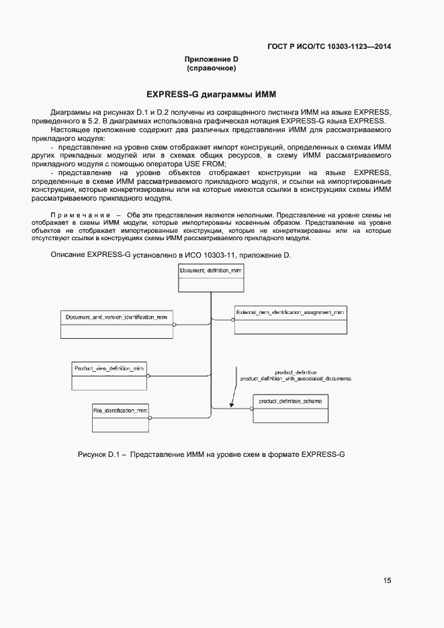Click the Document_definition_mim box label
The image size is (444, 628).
(210, 270)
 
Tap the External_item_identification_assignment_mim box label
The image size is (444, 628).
(290, 312)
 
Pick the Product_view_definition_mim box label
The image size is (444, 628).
(109, 368)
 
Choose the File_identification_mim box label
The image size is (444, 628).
(120, 409)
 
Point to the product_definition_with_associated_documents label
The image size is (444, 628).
(296, 379)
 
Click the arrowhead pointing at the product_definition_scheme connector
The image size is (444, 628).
(231, 405)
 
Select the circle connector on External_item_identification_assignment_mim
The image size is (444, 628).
(232, 319)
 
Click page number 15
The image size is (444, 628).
(387, 580)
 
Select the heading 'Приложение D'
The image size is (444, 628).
(212, 60)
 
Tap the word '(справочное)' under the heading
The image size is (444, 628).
(211, 68)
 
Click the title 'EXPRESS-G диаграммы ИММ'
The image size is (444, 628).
(212, 94)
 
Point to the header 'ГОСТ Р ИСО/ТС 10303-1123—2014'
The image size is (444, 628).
(329, 46)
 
